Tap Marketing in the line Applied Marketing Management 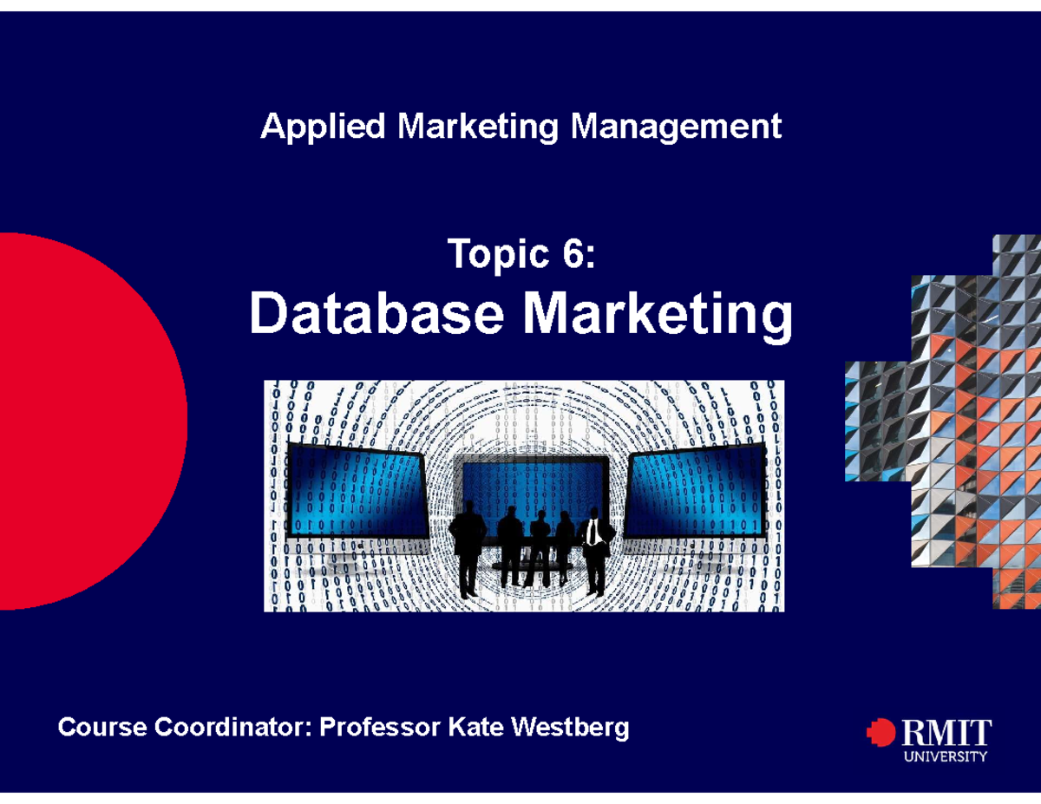tap(478, 127)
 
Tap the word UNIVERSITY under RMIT tap(946, 756)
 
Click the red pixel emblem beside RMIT tap(881, 733)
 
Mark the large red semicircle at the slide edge tap(87, 421)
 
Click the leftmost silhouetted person tap(468, 552)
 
